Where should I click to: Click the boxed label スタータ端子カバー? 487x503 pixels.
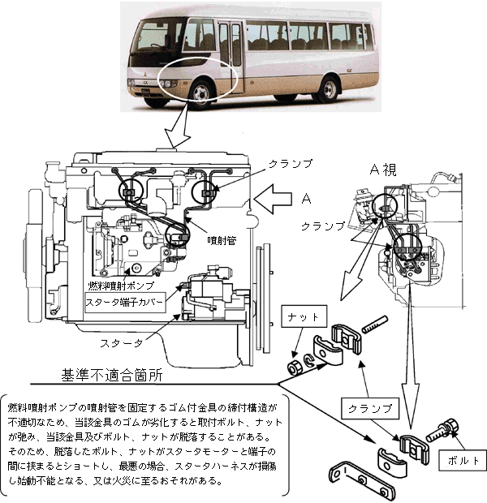(125, 304)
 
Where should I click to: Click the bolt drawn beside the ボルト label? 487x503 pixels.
(440, 430)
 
